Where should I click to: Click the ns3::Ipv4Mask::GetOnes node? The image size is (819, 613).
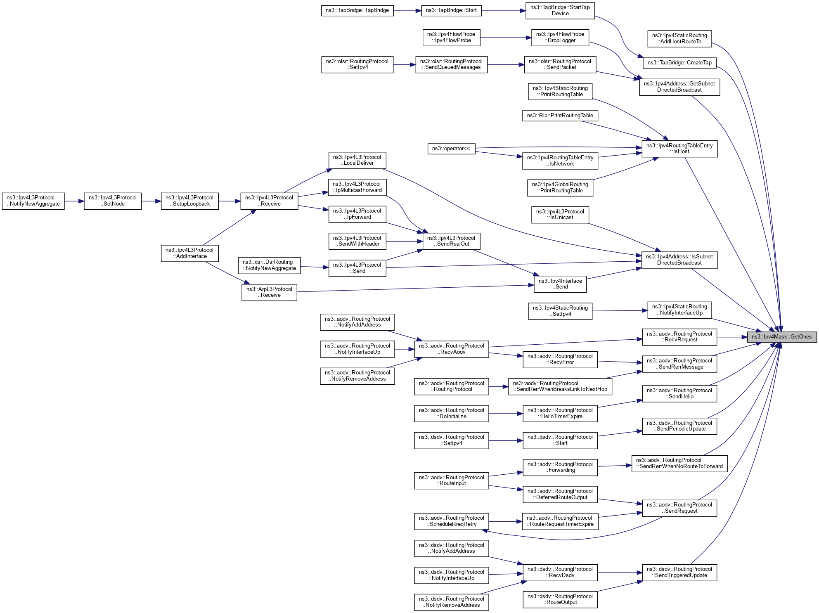click(781, 337)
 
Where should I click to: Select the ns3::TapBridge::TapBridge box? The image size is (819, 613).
click(357, 10)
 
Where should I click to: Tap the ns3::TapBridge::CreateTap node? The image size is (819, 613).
click(679, 63)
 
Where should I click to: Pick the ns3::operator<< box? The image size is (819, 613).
click(451, 149)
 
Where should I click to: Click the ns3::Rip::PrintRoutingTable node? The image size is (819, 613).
click(560, 116)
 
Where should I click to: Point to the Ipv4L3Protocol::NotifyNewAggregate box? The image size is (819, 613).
click(33, 201)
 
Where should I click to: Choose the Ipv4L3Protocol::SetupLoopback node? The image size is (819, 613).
click(189, 201)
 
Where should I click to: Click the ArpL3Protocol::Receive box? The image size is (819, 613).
click(269, 292)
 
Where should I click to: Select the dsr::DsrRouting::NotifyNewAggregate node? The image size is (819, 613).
click(269, 265)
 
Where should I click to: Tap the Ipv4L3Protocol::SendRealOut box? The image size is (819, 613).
click(451, 241)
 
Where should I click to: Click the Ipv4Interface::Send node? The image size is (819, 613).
click(560, 284)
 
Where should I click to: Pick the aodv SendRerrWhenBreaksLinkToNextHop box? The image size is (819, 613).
click(560, 386)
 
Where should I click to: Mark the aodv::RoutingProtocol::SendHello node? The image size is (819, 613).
click(679, 393)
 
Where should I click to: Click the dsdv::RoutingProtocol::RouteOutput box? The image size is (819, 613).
click(560, 599)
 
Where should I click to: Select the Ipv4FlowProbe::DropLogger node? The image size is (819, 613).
click(560, 37)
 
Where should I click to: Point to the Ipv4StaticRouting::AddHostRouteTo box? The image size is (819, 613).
click(679, 38)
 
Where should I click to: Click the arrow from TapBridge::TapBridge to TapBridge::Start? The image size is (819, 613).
click(407, 11)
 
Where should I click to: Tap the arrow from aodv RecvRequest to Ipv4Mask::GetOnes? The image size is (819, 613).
click(732, 337)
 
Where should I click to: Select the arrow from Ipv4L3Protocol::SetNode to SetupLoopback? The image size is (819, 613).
click(151, 201)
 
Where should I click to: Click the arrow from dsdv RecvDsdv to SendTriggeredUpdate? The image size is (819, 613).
click(620, 573)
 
